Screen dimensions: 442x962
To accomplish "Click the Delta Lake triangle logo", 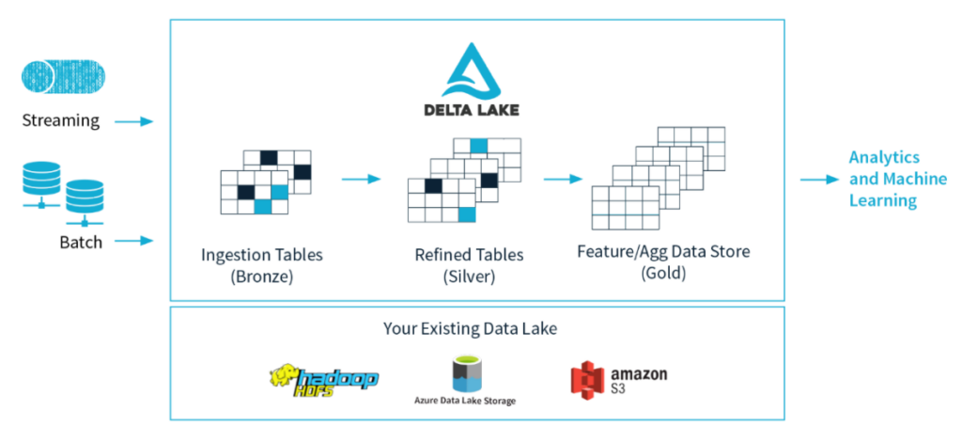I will pyautogui.click(x=479, y=71).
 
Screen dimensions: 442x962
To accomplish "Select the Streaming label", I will pyautogui.click(x=61, y=120).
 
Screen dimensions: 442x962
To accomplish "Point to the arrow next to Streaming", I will pyautogui.click(x=133, y=121).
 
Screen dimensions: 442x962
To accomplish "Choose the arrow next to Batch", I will pyautogui.click(x=133, y=242).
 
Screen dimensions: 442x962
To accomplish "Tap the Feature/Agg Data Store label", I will pyautogui.click(x=662, y=252).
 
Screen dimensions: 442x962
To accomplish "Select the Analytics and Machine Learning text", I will pyautogui.click(x=884, y=179).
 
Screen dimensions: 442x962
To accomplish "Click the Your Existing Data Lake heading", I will pyautogui.click(x=476, y=328).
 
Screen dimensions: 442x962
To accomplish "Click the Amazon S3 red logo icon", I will pyautogui.click(x=585, y=379).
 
